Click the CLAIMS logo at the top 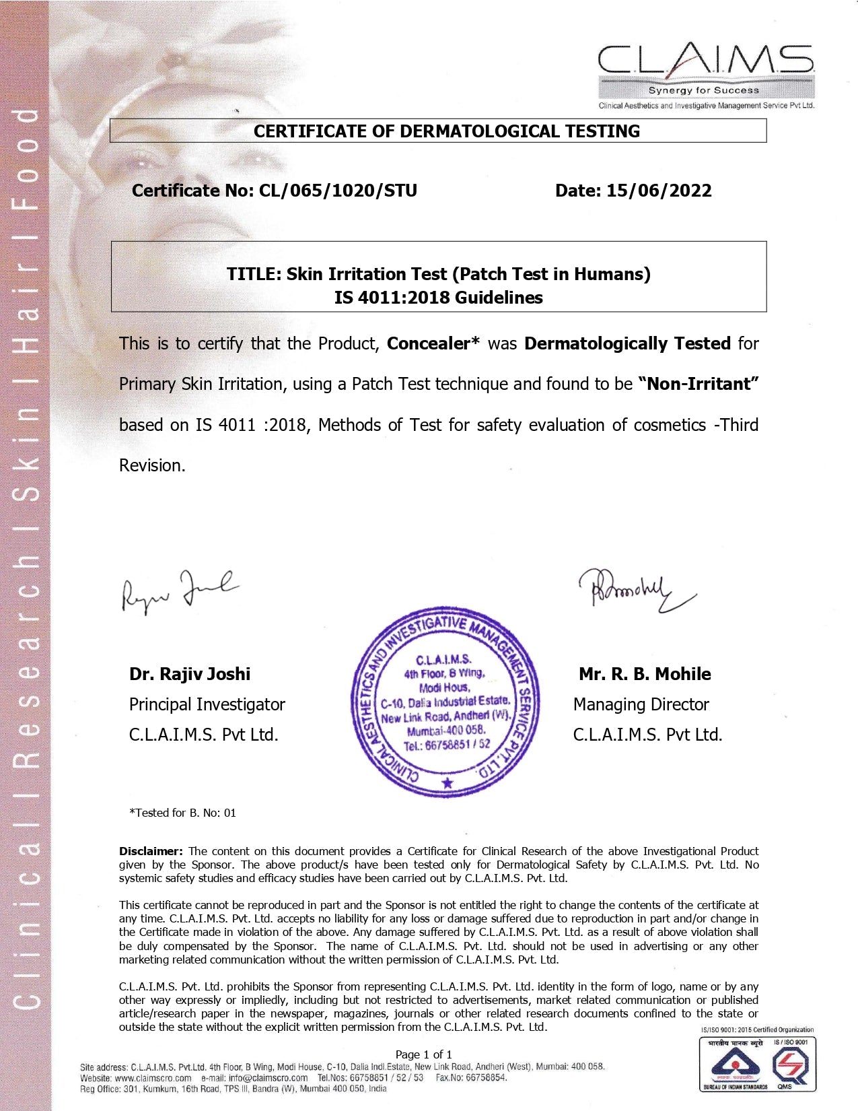click(x=705, y=70)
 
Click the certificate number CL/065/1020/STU click(x=338, y=191)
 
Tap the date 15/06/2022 click(x=659, y=191)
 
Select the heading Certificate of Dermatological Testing click(x=446, y=131)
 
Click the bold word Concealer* click(x=433, y=343)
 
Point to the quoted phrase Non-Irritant click(x=699, y=384)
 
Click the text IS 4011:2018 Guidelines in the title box click(x=438, y=298)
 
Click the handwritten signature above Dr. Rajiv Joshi click(x=179, y=591)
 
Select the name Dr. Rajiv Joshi click(x=190, y=674)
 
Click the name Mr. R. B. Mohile click(x=644, y=674)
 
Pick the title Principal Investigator click(x=207, y=704)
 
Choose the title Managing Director click(x=641, y=704)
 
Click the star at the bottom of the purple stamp click(x=448, y=782)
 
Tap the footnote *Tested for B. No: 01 click(x=182, y=813)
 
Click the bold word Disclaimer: click(x=151, y=851)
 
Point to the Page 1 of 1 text click(x=423, y=1054)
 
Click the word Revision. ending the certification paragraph click(x=152, y=465)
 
